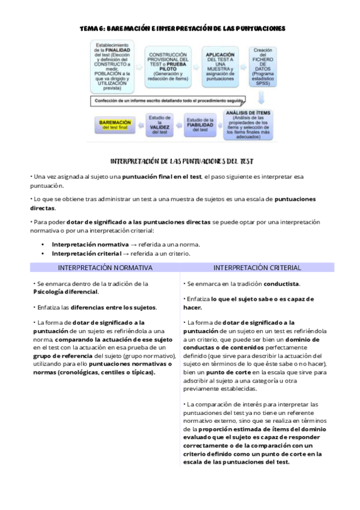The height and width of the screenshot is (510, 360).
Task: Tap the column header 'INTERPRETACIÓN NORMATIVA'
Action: coord(105,268)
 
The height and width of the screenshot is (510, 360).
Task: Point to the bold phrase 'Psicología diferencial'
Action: coord(66,292)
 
